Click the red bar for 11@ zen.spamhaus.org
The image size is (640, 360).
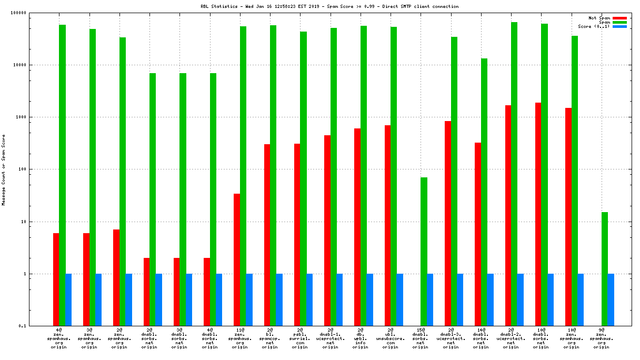[237, 260]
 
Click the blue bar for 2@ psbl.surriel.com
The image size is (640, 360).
[309, 300]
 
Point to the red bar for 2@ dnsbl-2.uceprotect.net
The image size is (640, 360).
[508, 216]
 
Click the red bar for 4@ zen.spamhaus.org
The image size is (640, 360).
[56, 279]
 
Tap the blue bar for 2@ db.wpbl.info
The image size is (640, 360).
[369, 300]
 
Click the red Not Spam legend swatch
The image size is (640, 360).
[619, 18]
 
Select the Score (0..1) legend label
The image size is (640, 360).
[594, 26]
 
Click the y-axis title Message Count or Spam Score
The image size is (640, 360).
[4, 169]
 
